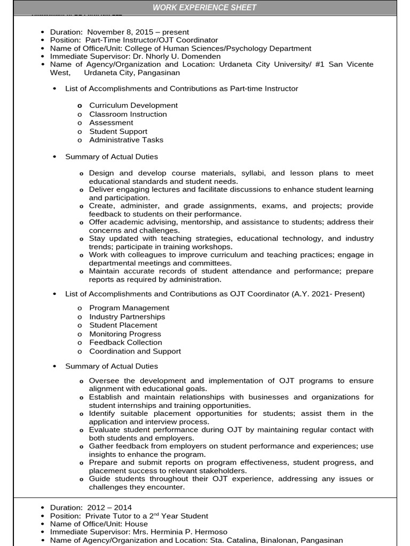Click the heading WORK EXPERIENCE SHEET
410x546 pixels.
(204, 7)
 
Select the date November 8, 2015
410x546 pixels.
(118, 32)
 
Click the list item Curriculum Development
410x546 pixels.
(133, 106)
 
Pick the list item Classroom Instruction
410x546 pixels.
(128, 114)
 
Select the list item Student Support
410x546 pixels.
(118, 131)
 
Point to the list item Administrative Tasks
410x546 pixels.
(126, 140)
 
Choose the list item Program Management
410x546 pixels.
(129, 308)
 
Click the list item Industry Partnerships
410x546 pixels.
(127, 317)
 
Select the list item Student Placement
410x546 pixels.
(123, 325)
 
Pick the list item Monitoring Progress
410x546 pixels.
(125, 334)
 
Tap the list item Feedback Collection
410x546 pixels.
(125, 342)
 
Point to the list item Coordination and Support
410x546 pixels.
(135, 351)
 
